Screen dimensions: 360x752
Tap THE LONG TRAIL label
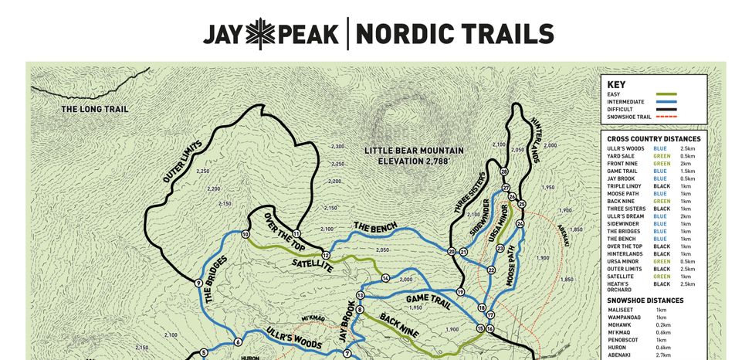click(x=95, y=110)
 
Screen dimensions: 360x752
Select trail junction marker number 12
click(x=326, y=255)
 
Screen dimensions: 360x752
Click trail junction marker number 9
click(x=198, y=283)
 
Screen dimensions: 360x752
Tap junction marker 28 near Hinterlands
click(x=504, y=172)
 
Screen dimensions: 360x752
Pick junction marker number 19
click(x=460, y=292)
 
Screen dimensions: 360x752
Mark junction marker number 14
click(x=385, y=278)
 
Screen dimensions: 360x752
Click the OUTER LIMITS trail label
click(x=183, y=161)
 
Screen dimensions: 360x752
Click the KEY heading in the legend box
click(x=616, y=85)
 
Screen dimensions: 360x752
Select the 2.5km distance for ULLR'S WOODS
click(x=688, y=148)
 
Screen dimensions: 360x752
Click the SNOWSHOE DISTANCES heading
click(x=645, y=300)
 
